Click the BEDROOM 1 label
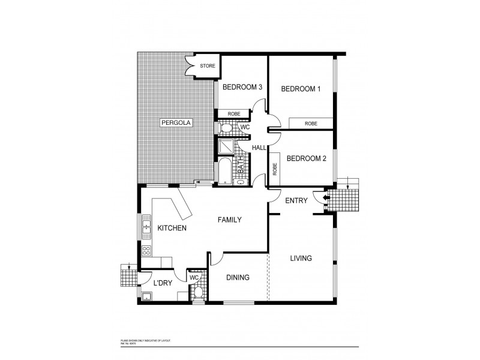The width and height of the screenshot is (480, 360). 301,89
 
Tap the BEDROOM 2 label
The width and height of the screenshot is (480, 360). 306,158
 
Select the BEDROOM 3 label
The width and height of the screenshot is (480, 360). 242,87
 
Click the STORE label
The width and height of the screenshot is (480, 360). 208,66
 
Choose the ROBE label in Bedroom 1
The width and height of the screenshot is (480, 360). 311,123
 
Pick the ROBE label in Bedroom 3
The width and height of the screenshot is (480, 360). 233,113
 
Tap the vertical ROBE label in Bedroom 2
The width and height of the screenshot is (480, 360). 274,170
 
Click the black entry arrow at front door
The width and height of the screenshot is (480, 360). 327,199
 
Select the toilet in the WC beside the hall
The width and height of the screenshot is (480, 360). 226,128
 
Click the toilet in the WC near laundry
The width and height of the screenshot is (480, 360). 199,292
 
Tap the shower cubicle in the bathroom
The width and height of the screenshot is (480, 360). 226,147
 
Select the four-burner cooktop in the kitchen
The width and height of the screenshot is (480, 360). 146,251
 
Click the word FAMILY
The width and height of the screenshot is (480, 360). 230,220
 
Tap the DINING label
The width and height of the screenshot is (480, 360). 238,278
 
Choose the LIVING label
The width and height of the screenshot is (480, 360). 301,259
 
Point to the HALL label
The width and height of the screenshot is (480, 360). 259,148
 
